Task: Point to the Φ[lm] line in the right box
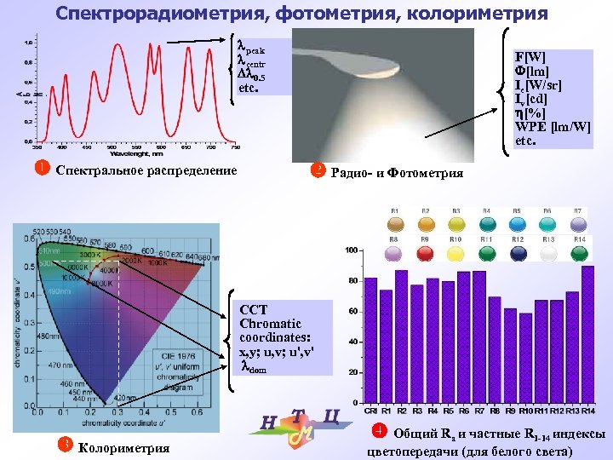pos(531,71)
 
